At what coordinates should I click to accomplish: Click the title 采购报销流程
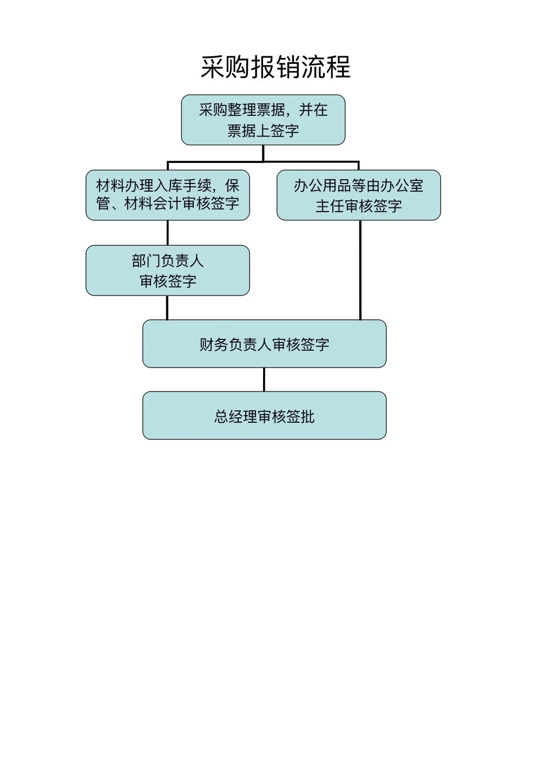tap(275, 68)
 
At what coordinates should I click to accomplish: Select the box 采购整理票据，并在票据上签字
tap(263, 120)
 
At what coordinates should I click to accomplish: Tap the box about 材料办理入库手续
tap(168, 195)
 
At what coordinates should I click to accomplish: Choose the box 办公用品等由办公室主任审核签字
tap(358, 195)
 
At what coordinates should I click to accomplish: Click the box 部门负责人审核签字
tap(168, 270)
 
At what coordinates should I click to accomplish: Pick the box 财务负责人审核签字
tap(264, 344)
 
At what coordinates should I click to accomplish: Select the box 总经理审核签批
tap(264, 416)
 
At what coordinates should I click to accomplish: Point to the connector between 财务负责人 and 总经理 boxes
tap(264, 379)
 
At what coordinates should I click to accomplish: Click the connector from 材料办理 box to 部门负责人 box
tap(168, 233)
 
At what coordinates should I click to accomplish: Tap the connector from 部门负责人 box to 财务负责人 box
tap(167, 307)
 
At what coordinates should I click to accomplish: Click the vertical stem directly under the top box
tap(263, 153)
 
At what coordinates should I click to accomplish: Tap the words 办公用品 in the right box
tap(323, 186)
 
